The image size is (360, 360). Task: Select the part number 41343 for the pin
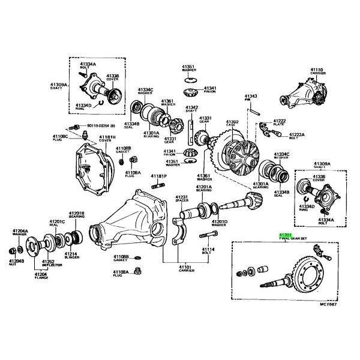pyautogui.click(x=251, y=96)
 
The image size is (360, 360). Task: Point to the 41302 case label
pyautogui.click(x=232, y=124)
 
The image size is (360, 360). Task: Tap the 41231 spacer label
pyautogui.click(x=182, y=199)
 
